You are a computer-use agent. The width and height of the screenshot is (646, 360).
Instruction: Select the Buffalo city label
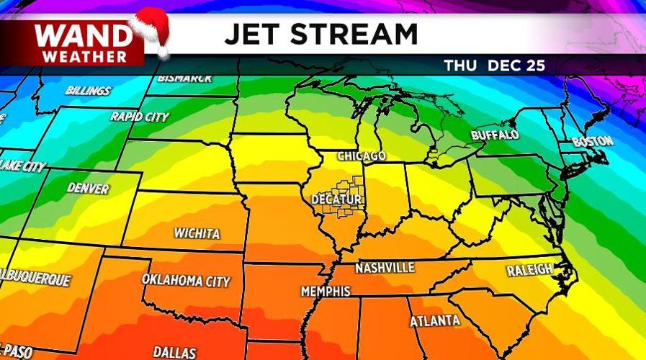pyautogui.click(x=495, y=135)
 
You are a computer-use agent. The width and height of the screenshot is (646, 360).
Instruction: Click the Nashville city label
pyautogui.click(x=385, y=268)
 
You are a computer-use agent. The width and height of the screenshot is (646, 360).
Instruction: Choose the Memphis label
pyautogui.click(x=326, y=292)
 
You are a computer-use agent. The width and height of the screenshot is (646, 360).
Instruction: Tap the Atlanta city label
pyautogui.click(x=435, y=320)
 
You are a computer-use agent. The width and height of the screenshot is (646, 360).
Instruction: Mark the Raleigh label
pyautogui.click(x=529, y=270)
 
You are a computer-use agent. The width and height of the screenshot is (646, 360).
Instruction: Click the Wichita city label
pyautogui.click(x=197, y=233)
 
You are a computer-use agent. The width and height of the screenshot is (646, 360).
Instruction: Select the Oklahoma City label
pyautogui.click(x=186, y=280)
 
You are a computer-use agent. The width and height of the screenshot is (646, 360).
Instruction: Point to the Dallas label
pyautogui.click(x=174, y=352)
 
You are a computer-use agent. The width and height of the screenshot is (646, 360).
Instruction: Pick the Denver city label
pyautogui.click(x=88, y=188)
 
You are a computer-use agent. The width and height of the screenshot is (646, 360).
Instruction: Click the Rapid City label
pyautogui.click(x=140, y=117)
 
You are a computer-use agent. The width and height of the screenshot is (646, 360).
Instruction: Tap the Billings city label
pyautogui.click(x=88, y=91)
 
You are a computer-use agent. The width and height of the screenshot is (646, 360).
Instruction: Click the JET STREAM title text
pyautogui.click(x=321, y=35)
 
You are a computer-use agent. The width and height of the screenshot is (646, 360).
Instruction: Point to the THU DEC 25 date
pyautogui.click(x=494, y=66)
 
